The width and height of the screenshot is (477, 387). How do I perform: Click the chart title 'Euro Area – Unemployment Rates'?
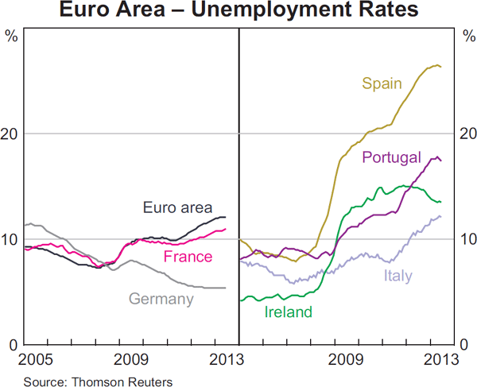pos(238,12)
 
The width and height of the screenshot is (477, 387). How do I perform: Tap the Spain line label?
pos(382,83)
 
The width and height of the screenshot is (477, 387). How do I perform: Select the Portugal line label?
pos(391,157)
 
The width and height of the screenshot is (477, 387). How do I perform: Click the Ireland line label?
pos(288,312)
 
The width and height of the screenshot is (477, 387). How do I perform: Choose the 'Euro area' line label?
pos(177,208)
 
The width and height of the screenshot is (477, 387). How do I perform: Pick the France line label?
pos(188,257)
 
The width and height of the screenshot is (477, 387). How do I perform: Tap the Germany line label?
pos(161,300)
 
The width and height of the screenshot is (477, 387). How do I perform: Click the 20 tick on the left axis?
pos(10,134)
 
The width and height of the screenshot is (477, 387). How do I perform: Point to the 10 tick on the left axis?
pos(10,239)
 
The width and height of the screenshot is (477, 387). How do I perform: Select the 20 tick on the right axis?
pos(467,134)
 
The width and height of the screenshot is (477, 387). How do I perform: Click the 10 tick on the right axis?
pos(467,239)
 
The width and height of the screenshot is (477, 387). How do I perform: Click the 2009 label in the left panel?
pos(132,359)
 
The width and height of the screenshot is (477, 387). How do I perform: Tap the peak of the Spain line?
pos(436,64)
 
